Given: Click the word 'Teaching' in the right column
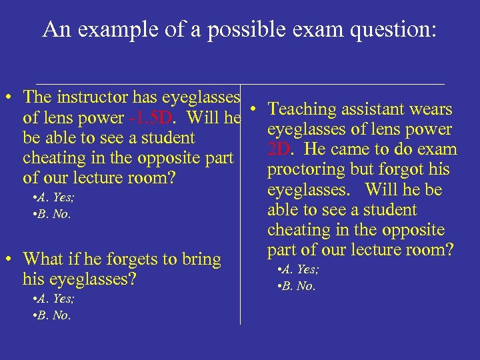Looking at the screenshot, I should pos(304,109).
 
